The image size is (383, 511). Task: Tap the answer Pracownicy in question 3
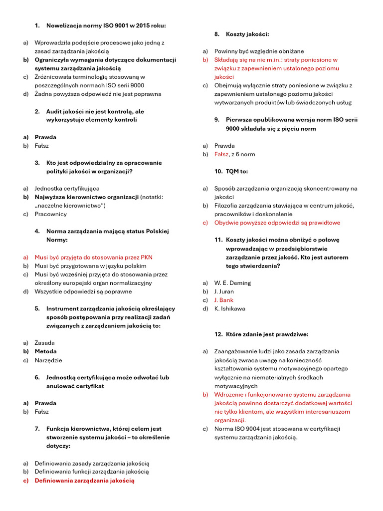50,214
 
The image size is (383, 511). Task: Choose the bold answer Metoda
45,351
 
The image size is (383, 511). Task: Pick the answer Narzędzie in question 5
48,360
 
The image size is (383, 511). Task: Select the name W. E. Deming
232,283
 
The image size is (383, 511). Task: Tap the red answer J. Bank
224,300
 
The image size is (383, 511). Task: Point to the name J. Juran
224,291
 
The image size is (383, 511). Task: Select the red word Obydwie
228,223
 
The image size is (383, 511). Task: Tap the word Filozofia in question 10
228,206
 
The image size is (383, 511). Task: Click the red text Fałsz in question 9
221,154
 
